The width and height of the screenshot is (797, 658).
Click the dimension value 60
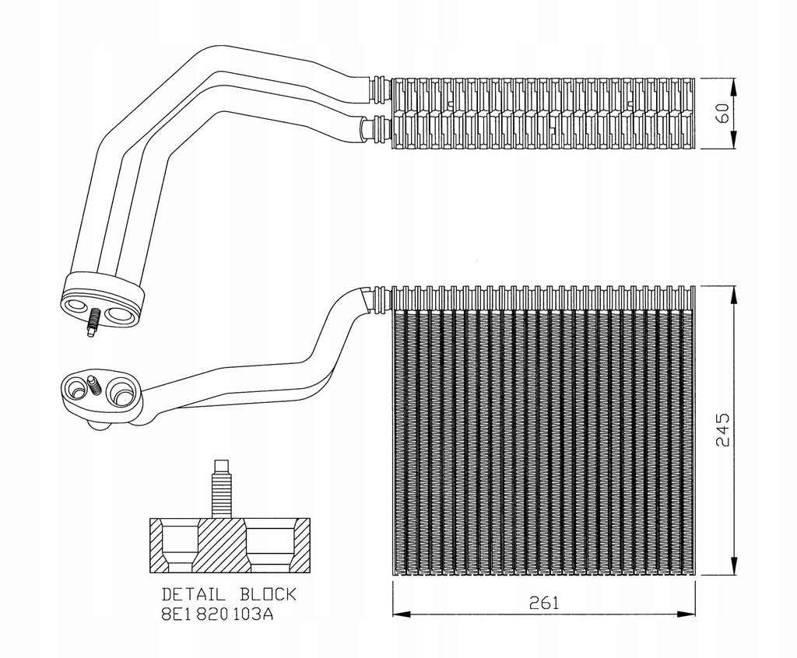point(722,114)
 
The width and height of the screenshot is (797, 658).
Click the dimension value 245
point(722,429)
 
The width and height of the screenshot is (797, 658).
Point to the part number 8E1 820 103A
point(217,614)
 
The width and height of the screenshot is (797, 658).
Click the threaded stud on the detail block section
point(221,489)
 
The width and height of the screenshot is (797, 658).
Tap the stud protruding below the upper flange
point(93,322)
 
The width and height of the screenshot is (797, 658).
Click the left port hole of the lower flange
point(77,388)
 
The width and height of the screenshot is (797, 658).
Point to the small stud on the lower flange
point(94,384)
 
